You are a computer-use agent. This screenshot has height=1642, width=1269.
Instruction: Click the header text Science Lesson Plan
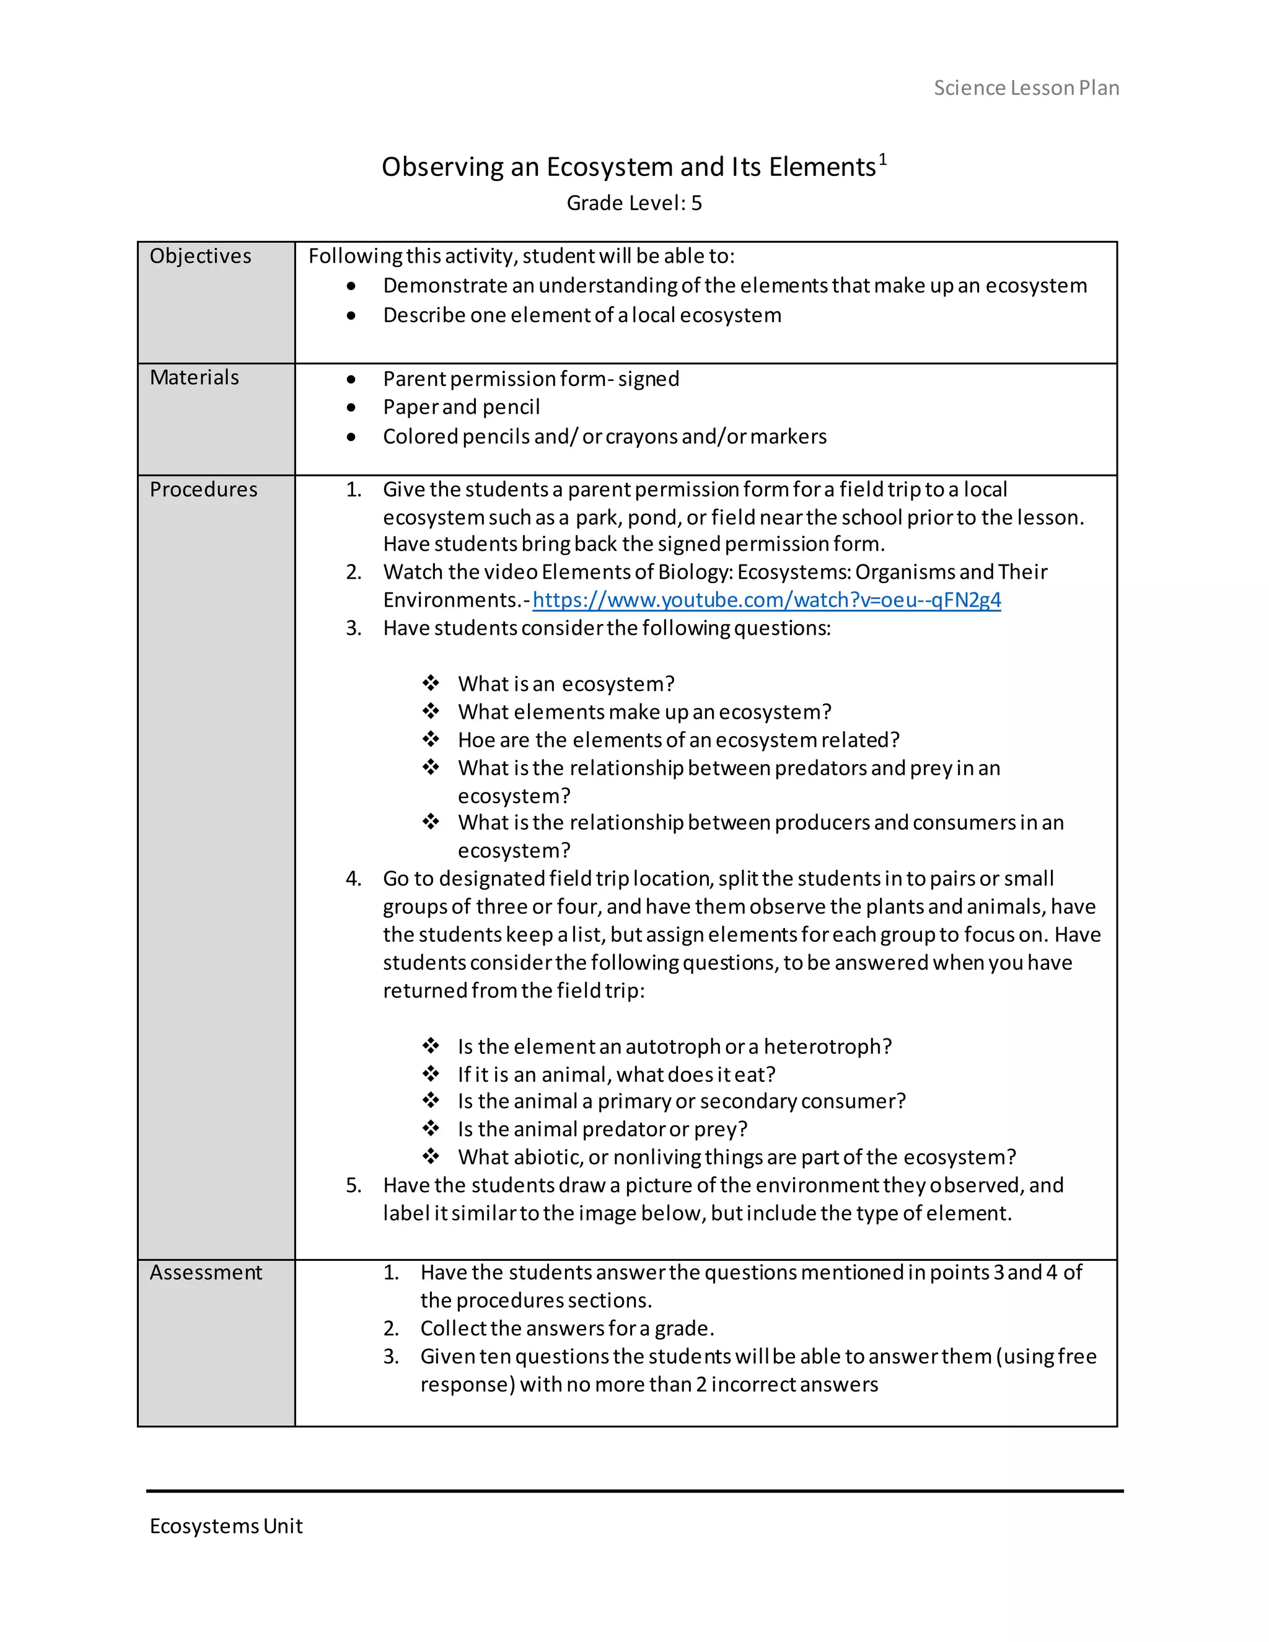coord(1026,88)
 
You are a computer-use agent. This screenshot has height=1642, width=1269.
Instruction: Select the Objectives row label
coord(200,257)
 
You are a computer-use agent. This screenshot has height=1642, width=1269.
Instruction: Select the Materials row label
coord(194,377)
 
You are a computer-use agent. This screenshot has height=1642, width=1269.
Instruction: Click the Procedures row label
coord(203,490)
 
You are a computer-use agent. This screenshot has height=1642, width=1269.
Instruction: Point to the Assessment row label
coord(205,1272)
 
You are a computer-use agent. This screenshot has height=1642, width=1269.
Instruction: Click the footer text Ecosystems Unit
coord(226,1526)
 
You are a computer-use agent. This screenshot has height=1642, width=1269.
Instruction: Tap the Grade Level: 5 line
coord(634,203)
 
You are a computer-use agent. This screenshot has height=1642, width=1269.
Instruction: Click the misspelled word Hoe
coord(476,740)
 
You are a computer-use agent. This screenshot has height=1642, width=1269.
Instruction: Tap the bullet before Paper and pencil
coord(351,408)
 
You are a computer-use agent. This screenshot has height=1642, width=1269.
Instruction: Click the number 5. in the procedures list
coord(353,1185)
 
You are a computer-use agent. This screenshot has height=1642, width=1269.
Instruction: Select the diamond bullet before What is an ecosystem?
coord(431,683)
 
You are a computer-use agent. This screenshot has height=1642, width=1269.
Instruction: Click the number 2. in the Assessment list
coord(391,1328)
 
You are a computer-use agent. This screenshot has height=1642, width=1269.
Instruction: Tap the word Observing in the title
coord(442,167)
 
